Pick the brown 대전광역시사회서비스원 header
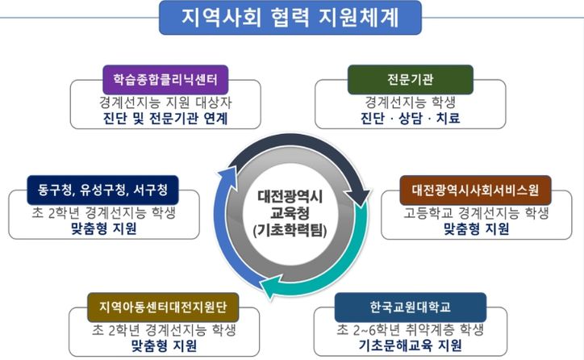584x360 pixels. coord(476,191)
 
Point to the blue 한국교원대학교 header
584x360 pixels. coord(410,307)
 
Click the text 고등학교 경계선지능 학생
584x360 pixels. coord(476,214)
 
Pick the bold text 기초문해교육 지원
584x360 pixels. coord(411,346)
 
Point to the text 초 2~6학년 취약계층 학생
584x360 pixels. coord(410,329)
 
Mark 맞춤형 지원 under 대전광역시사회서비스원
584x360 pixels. coord(476,229)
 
